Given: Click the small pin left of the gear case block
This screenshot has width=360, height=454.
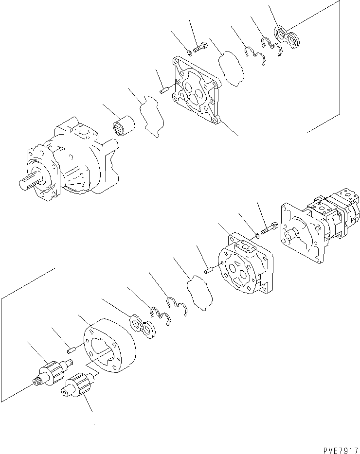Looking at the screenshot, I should coord(71,348).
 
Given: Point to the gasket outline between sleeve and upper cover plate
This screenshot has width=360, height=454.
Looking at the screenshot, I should coord(153,117).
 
